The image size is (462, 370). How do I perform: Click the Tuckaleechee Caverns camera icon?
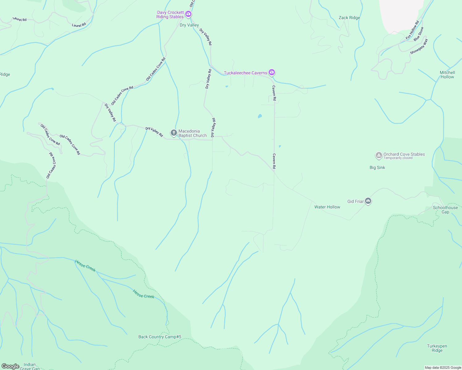272,72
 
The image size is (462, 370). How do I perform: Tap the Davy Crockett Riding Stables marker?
188,14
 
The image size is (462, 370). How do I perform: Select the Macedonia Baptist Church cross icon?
174,133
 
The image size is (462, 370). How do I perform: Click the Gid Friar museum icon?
368,201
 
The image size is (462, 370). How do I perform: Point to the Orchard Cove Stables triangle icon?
379,155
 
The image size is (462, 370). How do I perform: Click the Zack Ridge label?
349,18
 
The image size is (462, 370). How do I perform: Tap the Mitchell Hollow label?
447,75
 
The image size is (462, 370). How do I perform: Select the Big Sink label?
377,168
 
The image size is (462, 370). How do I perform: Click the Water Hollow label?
327,207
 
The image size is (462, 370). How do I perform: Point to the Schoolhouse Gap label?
445,210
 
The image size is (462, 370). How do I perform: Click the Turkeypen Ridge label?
437,348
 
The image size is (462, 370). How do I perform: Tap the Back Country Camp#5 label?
160,337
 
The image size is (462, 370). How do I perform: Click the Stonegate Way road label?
419,47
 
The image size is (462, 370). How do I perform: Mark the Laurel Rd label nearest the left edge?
20,19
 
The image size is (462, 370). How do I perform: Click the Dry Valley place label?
189,25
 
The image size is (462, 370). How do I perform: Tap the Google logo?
10,366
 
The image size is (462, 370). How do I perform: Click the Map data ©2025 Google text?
443,368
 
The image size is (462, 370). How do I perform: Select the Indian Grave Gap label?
30,366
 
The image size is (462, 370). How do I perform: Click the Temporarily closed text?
398,158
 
